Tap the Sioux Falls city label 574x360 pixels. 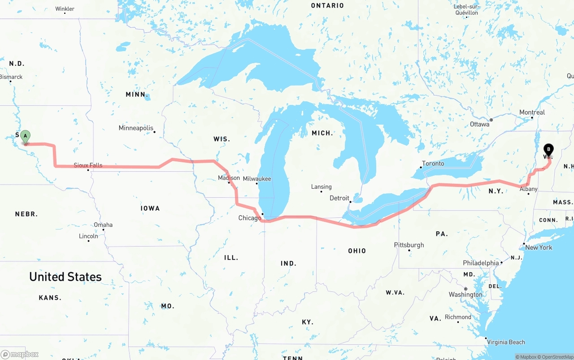click(88, 165)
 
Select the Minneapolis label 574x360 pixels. click(136, 128)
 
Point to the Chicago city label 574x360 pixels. click(249, 218)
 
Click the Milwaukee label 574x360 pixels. click(257, 179)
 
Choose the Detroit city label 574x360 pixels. click(339, 198)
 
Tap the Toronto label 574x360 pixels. click(433, 164)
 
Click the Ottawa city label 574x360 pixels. click(479, 124)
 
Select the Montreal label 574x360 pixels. click(532, 113)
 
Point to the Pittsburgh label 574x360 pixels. click(409, 245)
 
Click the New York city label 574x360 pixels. click(539, 247)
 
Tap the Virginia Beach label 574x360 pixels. click(506, 343)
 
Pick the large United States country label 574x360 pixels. click(65, 277)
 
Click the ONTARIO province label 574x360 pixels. click(327, 6)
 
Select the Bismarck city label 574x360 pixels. click(11, 77)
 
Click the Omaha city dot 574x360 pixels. click(103, 230)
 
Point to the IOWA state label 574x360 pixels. click(150, 208)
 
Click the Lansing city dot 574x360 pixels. click(321, 192)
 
